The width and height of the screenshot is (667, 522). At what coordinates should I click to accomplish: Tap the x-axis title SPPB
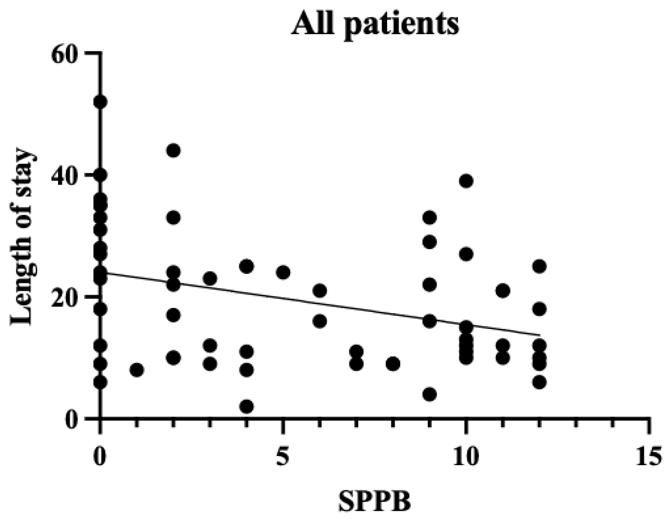coord(374,501)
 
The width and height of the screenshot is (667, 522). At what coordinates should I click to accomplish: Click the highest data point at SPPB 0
coord(100,102)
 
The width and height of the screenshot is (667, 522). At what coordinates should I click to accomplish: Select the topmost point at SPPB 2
coord(173,151)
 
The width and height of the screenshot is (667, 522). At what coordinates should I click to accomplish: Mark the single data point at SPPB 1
coord(137,370)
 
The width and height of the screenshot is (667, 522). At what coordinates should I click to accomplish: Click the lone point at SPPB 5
coord(283,273)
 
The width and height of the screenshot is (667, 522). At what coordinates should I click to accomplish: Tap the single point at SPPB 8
coord(393,364)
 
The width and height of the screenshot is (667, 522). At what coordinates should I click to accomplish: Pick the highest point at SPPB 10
coord(466,181)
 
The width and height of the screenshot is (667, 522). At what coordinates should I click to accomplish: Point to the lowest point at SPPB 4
coord(247,407)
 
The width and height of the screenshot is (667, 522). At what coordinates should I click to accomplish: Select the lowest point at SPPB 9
coord(429,394)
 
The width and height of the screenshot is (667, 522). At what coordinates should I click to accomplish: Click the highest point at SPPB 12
coord(539,266)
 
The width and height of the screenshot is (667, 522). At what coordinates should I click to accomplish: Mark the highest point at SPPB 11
coord(503,291)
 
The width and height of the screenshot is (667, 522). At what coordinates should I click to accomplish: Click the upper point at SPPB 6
coord(320,291)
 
